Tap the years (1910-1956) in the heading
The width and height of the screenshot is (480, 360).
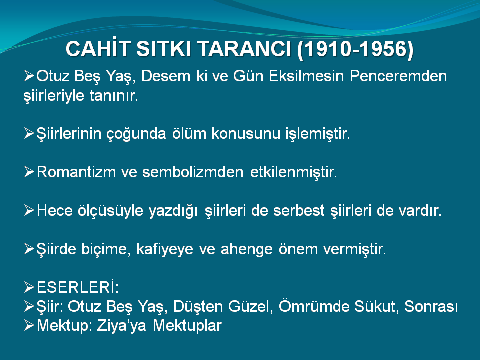click(x=355, y=49)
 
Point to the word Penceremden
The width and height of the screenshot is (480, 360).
click(x=398, y=76)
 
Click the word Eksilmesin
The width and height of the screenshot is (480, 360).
click(x=306, y=76)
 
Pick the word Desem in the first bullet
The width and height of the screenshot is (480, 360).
click(x=166, y=76)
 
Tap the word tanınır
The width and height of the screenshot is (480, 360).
click(x=114, y=96)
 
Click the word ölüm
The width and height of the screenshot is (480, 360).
click(x=189, y=134)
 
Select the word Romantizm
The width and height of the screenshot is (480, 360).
click(x=76, y=172)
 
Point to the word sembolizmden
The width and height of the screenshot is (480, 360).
click(x=193, y=172)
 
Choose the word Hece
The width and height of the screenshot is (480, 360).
click(x=55, y=210)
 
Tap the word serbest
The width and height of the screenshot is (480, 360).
click(x=299, y=210)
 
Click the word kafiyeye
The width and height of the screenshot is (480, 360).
click(x=165, y=249)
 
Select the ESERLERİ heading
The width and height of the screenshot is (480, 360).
click(x=78, y=287)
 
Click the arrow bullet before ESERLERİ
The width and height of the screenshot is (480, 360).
click(x=29, y=287)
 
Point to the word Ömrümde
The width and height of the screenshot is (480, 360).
click(x=314, y=306)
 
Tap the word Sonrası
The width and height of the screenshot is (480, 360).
click(x=431, y=306)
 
